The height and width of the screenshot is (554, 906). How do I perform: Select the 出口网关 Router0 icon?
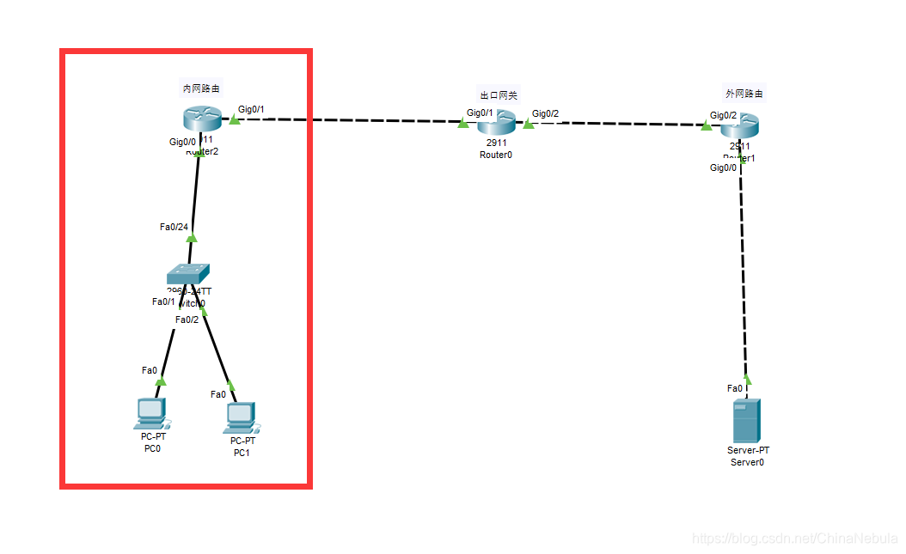tap(496, 122)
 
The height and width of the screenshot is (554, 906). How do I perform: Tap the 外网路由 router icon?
tap(740, 127)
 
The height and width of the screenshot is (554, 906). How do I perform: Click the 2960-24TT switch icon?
tap(189, 274)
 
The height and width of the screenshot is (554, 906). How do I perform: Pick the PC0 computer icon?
tap(151, 413)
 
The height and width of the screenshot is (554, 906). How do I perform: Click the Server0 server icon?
tap(746, 419)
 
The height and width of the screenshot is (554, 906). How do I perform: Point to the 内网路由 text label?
tap(200, 88)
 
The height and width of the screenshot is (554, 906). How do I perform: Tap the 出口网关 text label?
tap(499, 94)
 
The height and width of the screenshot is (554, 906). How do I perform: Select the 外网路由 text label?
tap(744, 94)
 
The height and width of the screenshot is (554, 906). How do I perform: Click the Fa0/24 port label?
tap(174, 227)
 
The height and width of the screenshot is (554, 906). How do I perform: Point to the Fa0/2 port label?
tap(187, 320)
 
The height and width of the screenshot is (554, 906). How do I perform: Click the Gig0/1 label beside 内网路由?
tap(251, 109)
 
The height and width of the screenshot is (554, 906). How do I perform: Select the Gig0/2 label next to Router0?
tap(545, 113)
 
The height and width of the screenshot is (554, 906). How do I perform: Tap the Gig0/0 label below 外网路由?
tap(723, 167)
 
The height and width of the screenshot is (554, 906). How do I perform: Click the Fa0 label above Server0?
tap(734, 388)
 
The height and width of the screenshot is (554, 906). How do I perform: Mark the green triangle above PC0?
tap(161, 380)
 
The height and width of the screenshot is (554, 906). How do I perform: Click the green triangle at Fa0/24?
tap(192, 237)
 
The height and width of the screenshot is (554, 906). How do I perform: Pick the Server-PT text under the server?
tap(748, 450)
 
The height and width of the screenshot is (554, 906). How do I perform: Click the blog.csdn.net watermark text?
tap(794, 539)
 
